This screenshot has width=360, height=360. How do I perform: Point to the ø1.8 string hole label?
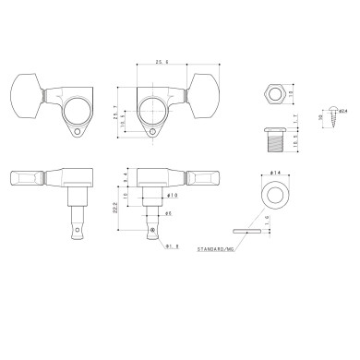coord(170,246)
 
